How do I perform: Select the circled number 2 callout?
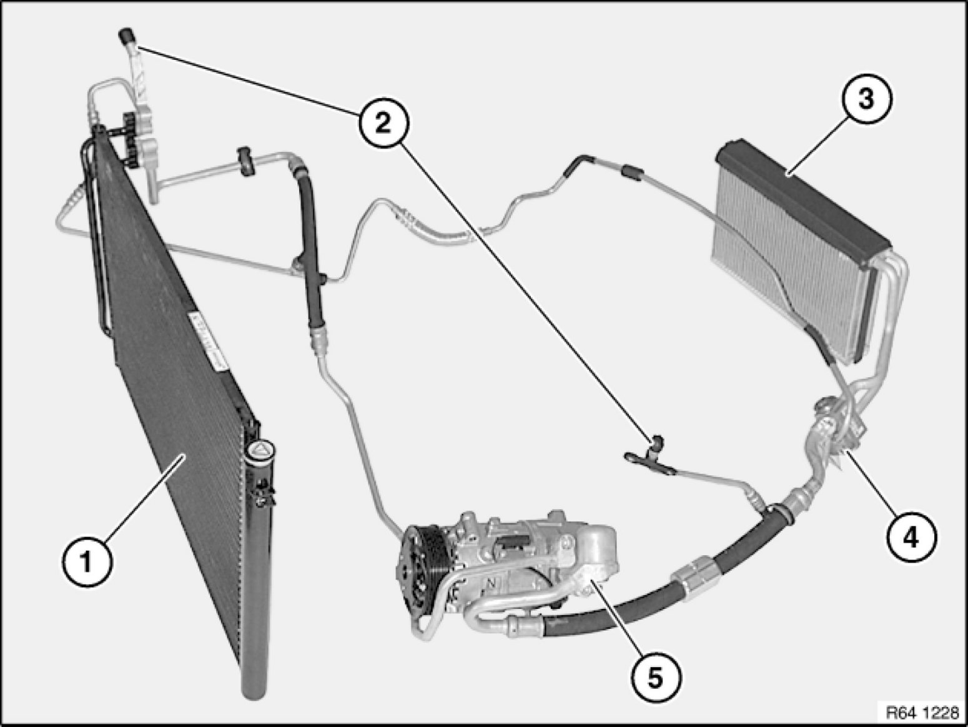383,122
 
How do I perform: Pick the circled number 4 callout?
912,537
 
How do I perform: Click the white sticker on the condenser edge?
207,339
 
